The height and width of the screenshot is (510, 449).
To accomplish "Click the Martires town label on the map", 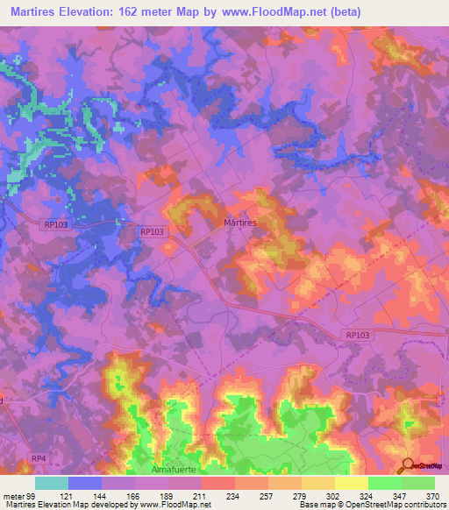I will click(240, 223).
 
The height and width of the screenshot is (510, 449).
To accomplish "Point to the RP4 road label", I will click(38, 457).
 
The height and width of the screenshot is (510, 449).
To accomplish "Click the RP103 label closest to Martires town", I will click(152, 231).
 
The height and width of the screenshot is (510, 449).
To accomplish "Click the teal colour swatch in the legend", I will click(51, 483).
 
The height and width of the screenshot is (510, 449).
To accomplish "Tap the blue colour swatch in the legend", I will click(84, 483).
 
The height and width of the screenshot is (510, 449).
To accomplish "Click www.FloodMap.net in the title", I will click(276, 11).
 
